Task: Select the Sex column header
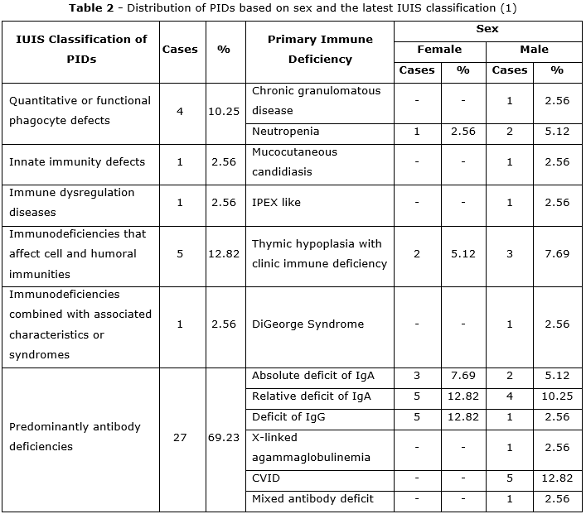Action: click(x=487, y=29)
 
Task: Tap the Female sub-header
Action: click(x=439, y=50)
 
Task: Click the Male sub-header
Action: click(x=534, y=50)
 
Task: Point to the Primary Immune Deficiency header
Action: click(x=320, y=49)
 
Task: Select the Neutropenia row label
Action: click(x=285, y=132)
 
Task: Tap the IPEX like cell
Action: click(x=276, y=203)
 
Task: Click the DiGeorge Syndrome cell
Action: click(x=308, y=324)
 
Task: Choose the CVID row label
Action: click(x=265, y=478)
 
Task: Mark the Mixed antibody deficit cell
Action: click(x=312, y=499)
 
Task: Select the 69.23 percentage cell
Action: click(x=224, y=437)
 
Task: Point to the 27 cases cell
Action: click(x=180, y=437)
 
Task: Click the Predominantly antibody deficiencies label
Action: click(x=75, y=437)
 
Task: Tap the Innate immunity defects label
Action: click(x=77, y=162)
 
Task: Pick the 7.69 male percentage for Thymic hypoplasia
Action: click(x=557, y=254)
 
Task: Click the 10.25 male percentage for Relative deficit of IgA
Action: click(x=557, y=397)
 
